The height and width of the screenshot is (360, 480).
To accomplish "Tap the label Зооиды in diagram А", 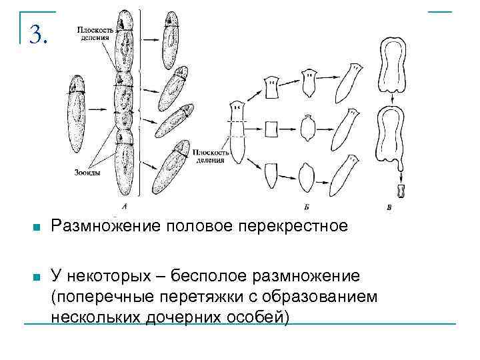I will [89, 172].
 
